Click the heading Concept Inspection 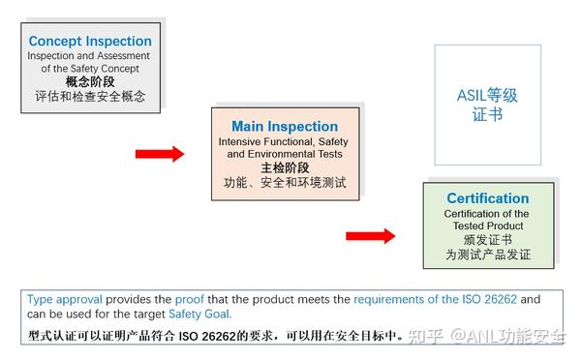click(90, 42)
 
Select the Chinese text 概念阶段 click(90, 82)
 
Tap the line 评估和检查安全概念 click(90, 97)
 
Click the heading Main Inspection click(285, 127)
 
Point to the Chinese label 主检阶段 click(285, 167)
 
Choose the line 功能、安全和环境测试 click(285, 182)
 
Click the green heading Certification click(487, 198)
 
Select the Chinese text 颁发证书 click(487, 240)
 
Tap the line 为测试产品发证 click(487, 255)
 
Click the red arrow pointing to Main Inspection click(159, 154)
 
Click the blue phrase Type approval click(65, 299)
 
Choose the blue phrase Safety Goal click(200, 314)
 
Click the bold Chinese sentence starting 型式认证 click(214, 336)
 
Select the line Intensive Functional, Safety click(285, 142)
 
